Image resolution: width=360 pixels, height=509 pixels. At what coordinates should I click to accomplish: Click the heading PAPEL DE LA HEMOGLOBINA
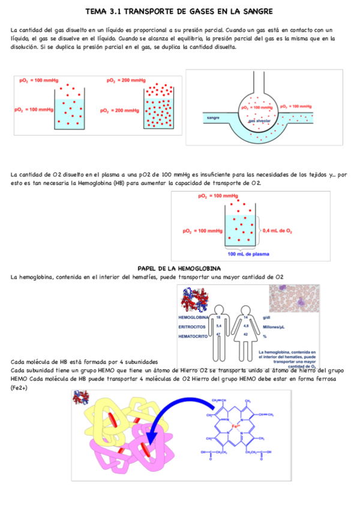(x=179, y=268)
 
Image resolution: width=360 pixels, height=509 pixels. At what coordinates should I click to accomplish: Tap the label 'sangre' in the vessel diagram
(x=212, y=118)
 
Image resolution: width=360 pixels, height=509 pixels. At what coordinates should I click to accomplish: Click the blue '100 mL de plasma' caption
(x=248, y=254)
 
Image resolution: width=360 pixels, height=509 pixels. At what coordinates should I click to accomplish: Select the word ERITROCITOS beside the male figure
(x=193, y=325)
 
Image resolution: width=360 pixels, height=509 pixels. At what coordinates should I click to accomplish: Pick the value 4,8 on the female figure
(x=246, y=325)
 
